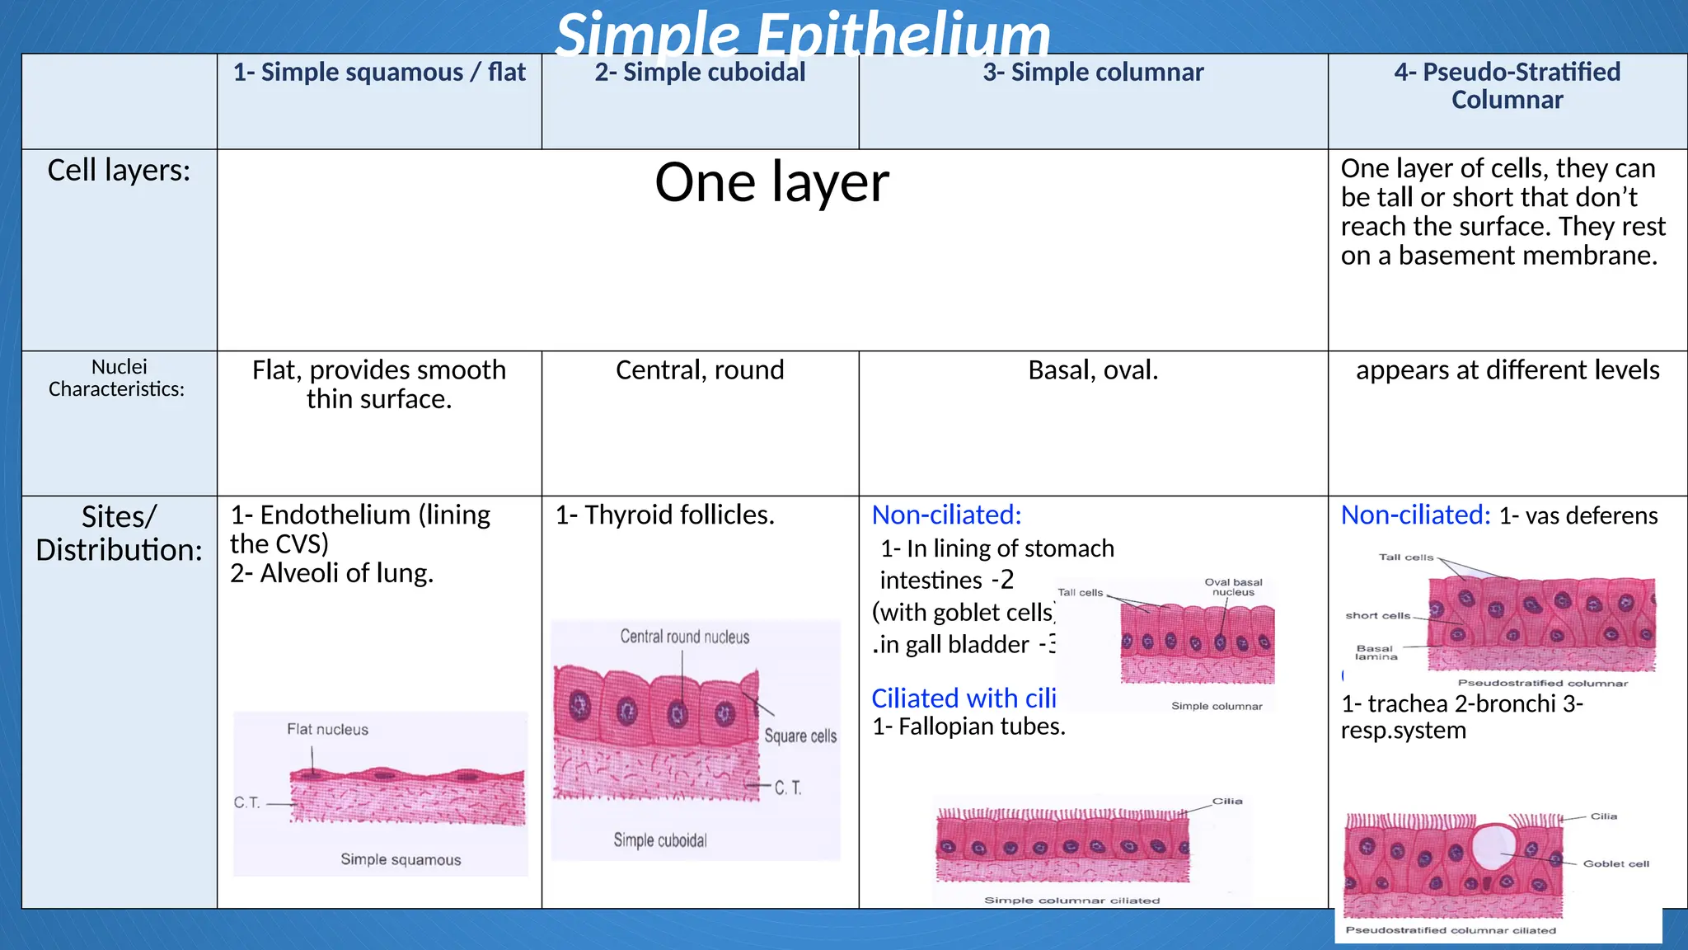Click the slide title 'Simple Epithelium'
click(803, 35)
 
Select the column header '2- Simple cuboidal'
click(700, 73)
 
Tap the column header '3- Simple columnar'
click(1093, 73)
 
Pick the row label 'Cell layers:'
click(119, 171)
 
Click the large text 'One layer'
click(771, 182)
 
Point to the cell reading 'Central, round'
click(700, 370)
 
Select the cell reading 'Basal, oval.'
click(1093, 370)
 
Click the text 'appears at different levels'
click(1507, 370)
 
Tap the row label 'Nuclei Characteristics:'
click(117, 378)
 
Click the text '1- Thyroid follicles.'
click(664, 515)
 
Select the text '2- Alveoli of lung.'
click(331, 573)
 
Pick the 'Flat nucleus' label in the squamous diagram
click(327, 730)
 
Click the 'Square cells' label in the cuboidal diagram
click(799, 736)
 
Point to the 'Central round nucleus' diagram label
click(685, 637)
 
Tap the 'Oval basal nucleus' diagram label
click(1233, 587)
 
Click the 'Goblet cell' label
click(1615, 864)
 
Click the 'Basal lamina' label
click(1376, 652)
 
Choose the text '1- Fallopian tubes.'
click(968, 727)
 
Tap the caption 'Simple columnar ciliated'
click(1071, 901)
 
